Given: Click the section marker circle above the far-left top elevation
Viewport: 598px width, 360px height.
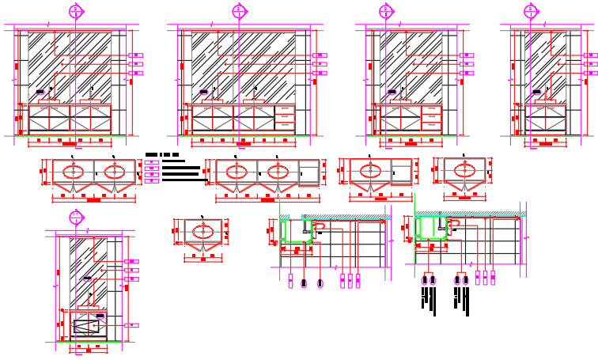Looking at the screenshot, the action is point(76,10).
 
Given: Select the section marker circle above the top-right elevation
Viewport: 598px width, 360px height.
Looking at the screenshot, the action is point(531,10).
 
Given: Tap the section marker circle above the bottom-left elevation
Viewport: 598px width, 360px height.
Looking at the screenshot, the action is point(75,216).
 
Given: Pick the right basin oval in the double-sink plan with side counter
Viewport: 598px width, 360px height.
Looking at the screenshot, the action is point(278,171).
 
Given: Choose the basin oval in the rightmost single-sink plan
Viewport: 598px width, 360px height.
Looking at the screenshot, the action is point(464,170).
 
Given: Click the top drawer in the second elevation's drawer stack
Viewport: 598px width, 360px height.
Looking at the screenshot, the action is point(285,109).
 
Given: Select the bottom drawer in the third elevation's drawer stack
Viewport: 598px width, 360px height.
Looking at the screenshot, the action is point(430,125).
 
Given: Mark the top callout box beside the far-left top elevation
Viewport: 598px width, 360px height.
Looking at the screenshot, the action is point(136,55).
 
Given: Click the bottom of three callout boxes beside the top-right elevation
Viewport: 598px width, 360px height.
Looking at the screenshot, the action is point(591,73).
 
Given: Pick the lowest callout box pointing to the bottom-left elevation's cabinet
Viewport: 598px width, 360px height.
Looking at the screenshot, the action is point(132,324).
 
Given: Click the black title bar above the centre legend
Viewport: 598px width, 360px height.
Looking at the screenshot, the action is point(162,154).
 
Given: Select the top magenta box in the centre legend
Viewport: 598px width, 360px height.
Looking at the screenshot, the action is point(153,161).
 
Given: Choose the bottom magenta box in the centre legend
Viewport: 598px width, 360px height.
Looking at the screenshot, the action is point(153,180).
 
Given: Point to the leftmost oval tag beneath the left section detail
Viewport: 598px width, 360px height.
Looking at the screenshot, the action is point(291,282).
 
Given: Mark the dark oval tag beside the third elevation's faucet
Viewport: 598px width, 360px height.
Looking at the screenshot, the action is point(392,91).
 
